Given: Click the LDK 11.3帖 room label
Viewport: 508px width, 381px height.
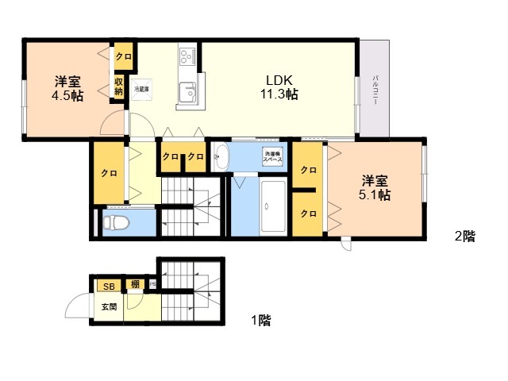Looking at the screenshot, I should [x=281, y=87].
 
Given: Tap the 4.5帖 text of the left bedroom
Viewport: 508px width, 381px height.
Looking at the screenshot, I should [x=67, y=96].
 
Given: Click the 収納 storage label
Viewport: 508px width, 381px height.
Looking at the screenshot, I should [x=118, y=86].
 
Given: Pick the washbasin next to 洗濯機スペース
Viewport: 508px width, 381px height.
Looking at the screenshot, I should [x=221, y=156].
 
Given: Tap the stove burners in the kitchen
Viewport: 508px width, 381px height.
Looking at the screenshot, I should [x=188, y=56].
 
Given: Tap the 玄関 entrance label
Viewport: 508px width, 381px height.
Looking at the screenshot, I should [x=107, y=306].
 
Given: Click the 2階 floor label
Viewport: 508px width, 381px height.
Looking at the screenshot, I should [x=464, y=236].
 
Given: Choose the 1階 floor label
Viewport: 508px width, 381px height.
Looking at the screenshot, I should [x=260, y=321].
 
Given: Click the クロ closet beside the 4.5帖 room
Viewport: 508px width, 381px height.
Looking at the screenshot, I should [x=123, y=56].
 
